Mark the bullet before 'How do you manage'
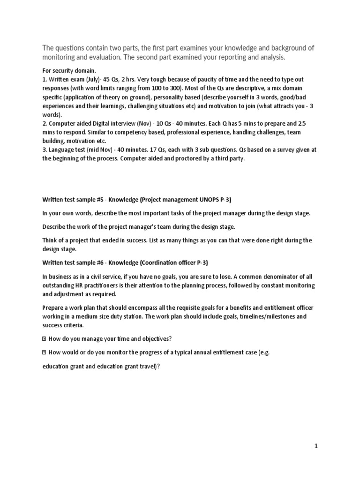pyautogui.click(x=44, y=339)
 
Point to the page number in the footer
pyautogui.click(x=316, y=447)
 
